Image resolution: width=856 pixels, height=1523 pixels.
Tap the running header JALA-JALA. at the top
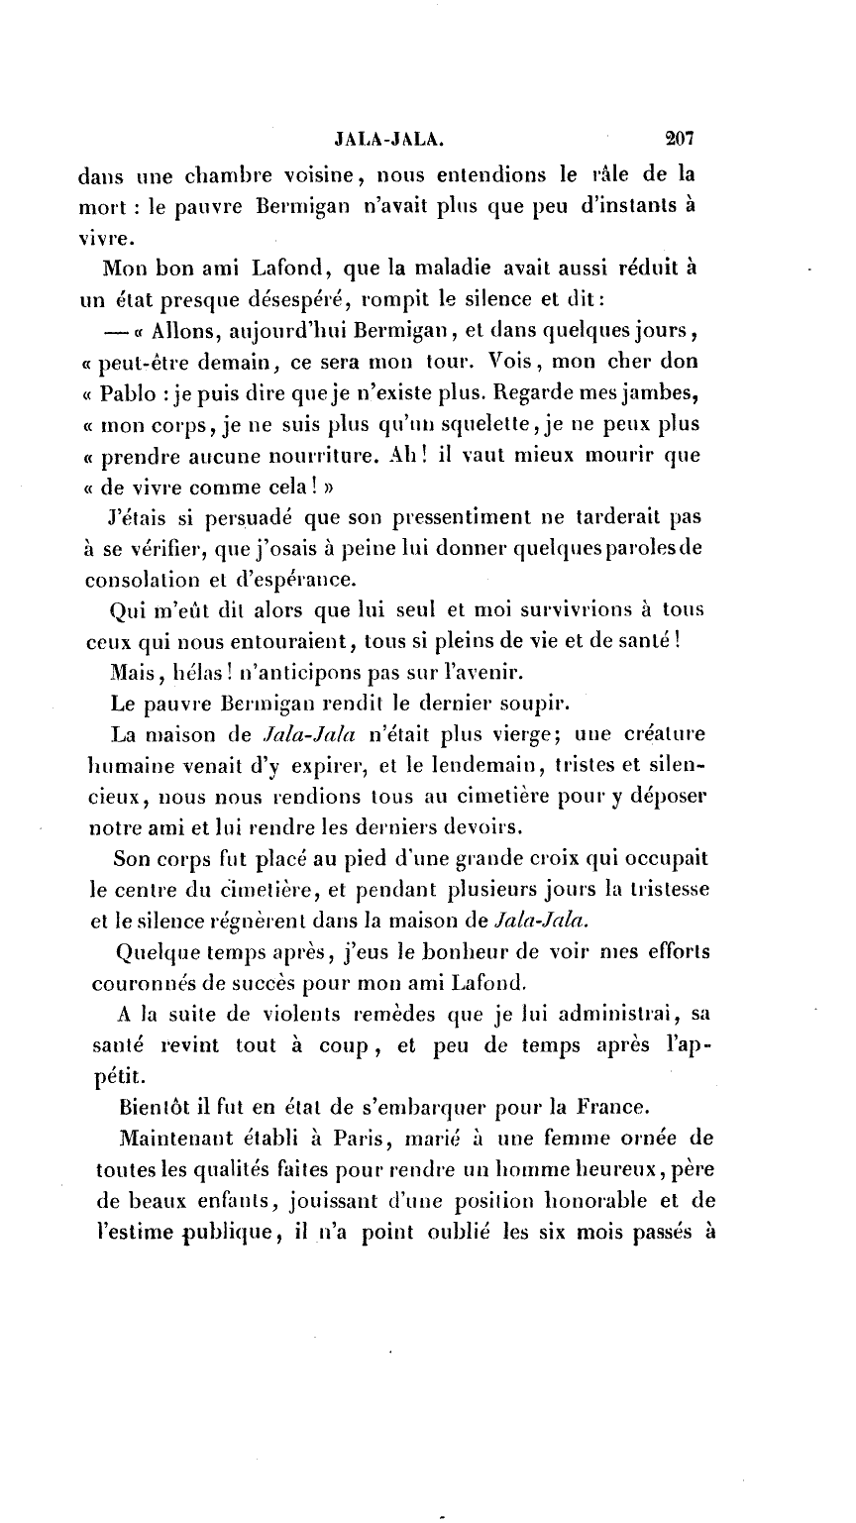click(x=386, y=140)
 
